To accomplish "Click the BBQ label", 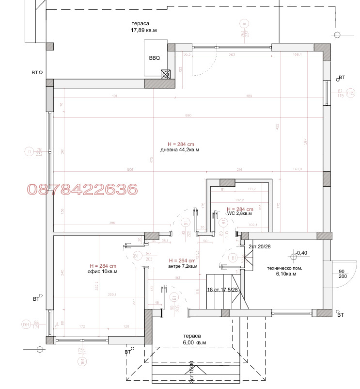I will click(154, 58).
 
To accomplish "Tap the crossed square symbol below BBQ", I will click(166, 74).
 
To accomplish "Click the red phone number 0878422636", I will click(82, 189).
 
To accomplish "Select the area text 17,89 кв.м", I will click(144, 30).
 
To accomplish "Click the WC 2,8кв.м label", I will click(239, 213).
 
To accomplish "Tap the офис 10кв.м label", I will click(102, 272).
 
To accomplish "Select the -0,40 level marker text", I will click(302, 253).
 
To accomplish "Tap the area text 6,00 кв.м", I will click(194, 342).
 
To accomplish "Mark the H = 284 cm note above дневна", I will click(181, 144).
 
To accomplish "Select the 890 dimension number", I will click(188, 115).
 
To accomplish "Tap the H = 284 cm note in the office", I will click(103, 266).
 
